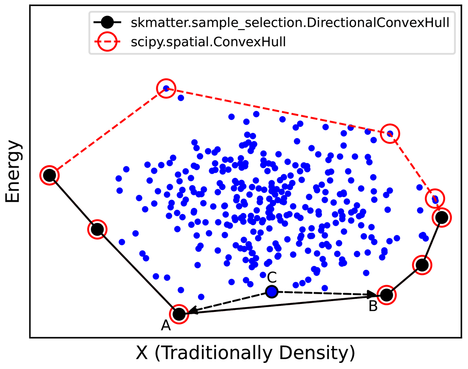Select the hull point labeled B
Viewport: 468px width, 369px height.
386,295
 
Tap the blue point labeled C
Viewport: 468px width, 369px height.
271,292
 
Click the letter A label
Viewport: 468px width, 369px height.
166,325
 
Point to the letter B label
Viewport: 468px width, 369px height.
373,306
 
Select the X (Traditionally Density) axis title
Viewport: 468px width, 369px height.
245,353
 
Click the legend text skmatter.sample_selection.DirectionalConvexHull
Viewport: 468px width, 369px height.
288,22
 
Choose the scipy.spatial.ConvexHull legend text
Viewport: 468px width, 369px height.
209,42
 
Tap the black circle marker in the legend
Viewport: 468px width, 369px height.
108,22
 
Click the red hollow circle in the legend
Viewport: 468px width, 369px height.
108,42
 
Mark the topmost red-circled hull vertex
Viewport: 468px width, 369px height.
166,88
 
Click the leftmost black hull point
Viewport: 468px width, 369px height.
50,175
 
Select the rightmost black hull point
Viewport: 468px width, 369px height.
441,217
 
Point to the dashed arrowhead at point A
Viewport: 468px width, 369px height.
192,311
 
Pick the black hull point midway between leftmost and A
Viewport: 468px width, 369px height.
97,229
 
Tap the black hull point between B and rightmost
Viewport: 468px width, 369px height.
422,265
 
